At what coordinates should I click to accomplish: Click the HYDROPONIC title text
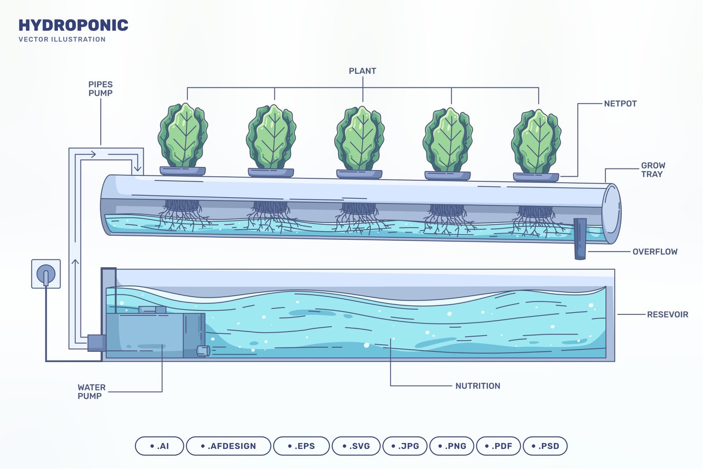pos(73,25)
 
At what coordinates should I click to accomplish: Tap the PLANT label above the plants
pos(362,71)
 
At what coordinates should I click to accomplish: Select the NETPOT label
pos(620,104)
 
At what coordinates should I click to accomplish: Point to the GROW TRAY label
pos(653,170)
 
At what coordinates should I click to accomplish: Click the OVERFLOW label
pos(655,252)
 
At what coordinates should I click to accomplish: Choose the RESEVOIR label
pos(667,314)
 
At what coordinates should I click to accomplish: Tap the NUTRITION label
pos(477,386)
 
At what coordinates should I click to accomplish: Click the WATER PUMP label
pos(91,391)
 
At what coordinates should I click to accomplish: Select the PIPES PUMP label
pos(100,89)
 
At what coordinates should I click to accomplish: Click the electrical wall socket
pos(46,274)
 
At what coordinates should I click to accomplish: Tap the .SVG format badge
pos(356,446)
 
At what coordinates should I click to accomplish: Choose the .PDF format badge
pos(498,446)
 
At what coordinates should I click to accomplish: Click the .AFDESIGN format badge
pos(228,446)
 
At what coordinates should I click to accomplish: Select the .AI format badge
pos(159,446)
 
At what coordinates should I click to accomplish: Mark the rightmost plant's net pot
pos(536,177)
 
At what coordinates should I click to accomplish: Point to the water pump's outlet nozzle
pos(203,351)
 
